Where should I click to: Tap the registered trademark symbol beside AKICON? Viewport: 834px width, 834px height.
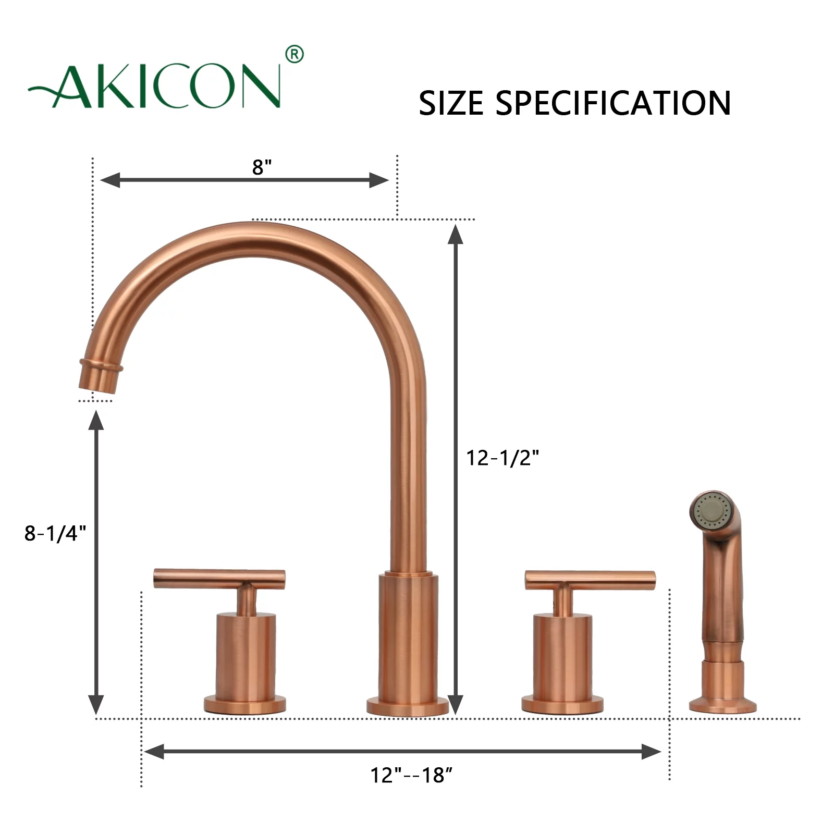295,54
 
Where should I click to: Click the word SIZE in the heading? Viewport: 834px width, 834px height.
451,103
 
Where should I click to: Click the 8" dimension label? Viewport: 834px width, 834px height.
262,167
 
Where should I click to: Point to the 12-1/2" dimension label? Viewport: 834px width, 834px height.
502,458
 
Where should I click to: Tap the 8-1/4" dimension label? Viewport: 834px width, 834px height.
55,533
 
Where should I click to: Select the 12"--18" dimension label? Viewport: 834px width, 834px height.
411,775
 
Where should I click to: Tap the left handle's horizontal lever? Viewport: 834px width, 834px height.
219,578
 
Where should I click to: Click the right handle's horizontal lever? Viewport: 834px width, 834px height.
590,578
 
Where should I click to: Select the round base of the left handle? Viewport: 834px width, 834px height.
244,705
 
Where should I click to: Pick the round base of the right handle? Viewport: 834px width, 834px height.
562,705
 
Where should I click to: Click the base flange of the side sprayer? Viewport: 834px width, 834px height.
722,706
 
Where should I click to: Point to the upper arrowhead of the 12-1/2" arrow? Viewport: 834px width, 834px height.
456,235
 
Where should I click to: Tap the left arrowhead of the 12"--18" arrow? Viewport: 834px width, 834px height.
154,752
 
